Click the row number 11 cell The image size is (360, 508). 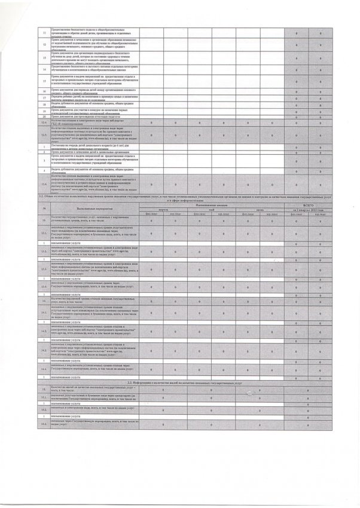point(43,32)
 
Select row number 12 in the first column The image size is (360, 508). point(43,44)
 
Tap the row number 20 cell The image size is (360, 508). point(43,116)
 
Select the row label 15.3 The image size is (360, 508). point(43,423)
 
